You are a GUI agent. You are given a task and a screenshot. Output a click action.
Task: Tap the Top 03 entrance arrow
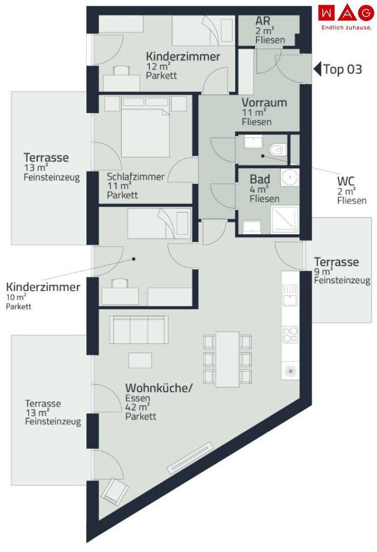pyautogui.click(x=318, y=69)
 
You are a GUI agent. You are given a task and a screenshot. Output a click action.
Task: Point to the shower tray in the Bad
pyautogui.click(x=285, y=220)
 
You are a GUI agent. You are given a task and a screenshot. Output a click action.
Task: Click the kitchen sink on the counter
pyautogui.click(x=290, y=295)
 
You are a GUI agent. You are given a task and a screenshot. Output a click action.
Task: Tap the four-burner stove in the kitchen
pyautogui.click(x=291, y=335)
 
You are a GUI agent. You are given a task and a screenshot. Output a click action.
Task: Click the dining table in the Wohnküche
pyautogui.click(x=227, y=359)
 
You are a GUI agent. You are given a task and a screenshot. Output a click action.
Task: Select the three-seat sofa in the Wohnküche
pyautogui.click(x=139, y=330)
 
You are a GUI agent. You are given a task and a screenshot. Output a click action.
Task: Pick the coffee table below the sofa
pyautogui.click(x=140, y=360)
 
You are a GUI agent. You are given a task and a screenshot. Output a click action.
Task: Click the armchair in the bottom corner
pyautogui.click(x=115, y=490)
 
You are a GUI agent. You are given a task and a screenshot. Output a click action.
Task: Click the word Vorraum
pyautogui.click(x=264, y=103)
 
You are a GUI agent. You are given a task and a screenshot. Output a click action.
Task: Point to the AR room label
pyautogui.click(x=263, y=21)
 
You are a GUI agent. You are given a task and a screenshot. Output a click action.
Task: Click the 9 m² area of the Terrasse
pyautogui.click(x=323, y=271)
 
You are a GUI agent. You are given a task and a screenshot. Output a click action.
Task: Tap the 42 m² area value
pyautogui.click(x=138, y=407)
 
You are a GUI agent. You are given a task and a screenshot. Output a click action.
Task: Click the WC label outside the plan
pyautogui.click(x=346, y=181)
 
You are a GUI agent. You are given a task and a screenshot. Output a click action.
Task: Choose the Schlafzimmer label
pyautogui.click(x=136, y=176)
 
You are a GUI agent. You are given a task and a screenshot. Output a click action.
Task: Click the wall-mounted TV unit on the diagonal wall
pyautogui.click(x=190, y=457)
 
